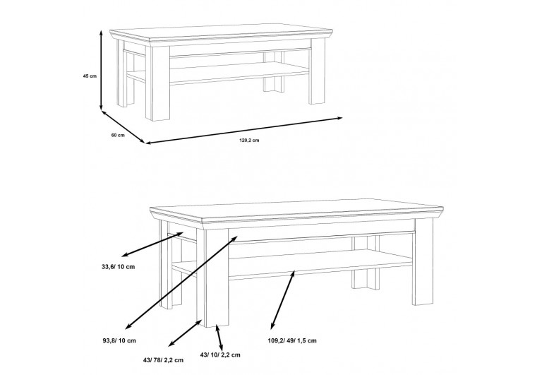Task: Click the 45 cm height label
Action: pos(90,76)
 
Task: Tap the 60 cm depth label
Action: pos(118,136)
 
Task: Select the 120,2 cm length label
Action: pos(249,141)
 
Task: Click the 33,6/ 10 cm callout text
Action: pos(119,267)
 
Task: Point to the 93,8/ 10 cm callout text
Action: pos(119,340)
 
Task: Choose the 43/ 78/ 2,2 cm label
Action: pos(163,360)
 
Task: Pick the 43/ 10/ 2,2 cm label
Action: pos(220,355)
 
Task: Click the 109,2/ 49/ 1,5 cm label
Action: pos(292,340)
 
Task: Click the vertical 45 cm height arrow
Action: pos(101,70)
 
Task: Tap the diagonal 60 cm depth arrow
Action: pos(123,126)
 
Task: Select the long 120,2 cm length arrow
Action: pos(243,131)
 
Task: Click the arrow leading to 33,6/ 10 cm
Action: pos(152,244)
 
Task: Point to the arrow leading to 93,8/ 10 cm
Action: pos(181,282)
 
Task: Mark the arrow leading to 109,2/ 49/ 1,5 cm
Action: pos(283,300)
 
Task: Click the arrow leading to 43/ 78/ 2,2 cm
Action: pos(185,333)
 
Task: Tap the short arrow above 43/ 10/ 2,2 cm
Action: pos(219,338)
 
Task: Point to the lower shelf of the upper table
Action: pos(239,73)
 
